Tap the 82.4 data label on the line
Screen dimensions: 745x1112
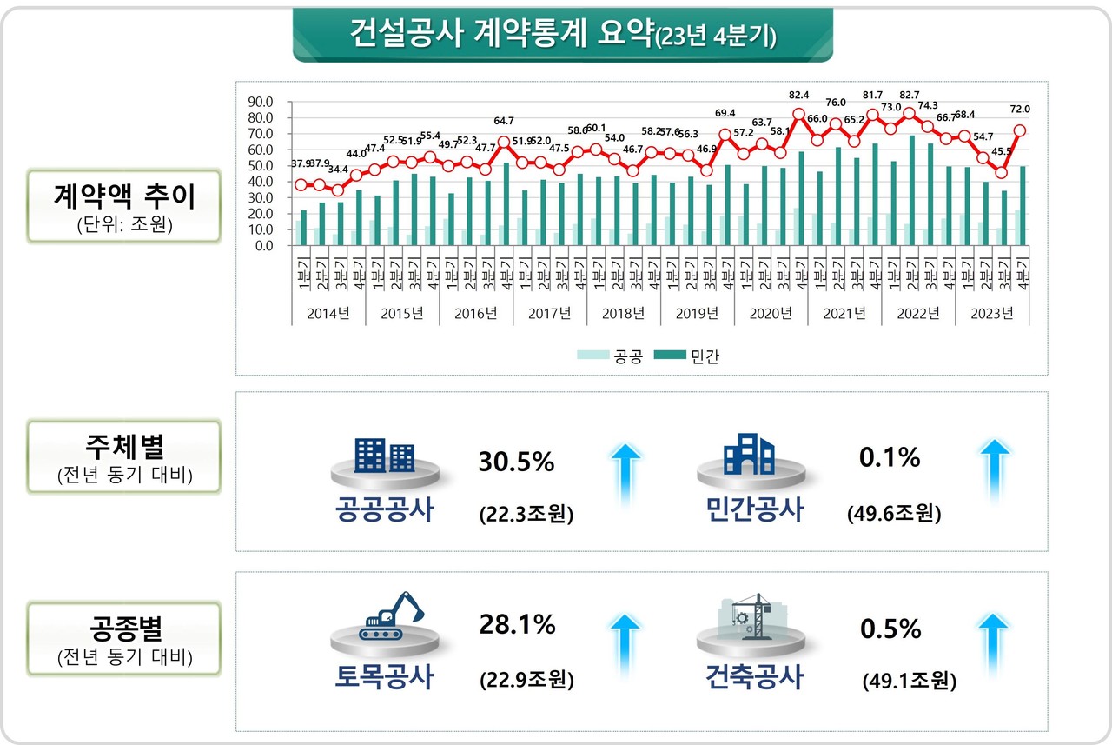[798, 94]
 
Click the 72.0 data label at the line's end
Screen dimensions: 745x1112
[1019, 110]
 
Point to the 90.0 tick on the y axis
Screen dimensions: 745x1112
[261, 101]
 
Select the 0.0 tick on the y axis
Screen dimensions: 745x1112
[263, 246]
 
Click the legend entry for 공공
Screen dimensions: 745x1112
[618, 356]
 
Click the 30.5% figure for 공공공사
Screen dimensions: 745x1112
[516, 462]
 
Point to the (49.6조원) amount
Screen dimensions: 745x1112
[894, 513]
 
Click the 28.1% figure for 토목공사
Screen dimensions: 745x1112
[517, 623]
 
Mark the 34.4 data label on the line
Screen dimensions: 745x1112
[339, 169]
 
